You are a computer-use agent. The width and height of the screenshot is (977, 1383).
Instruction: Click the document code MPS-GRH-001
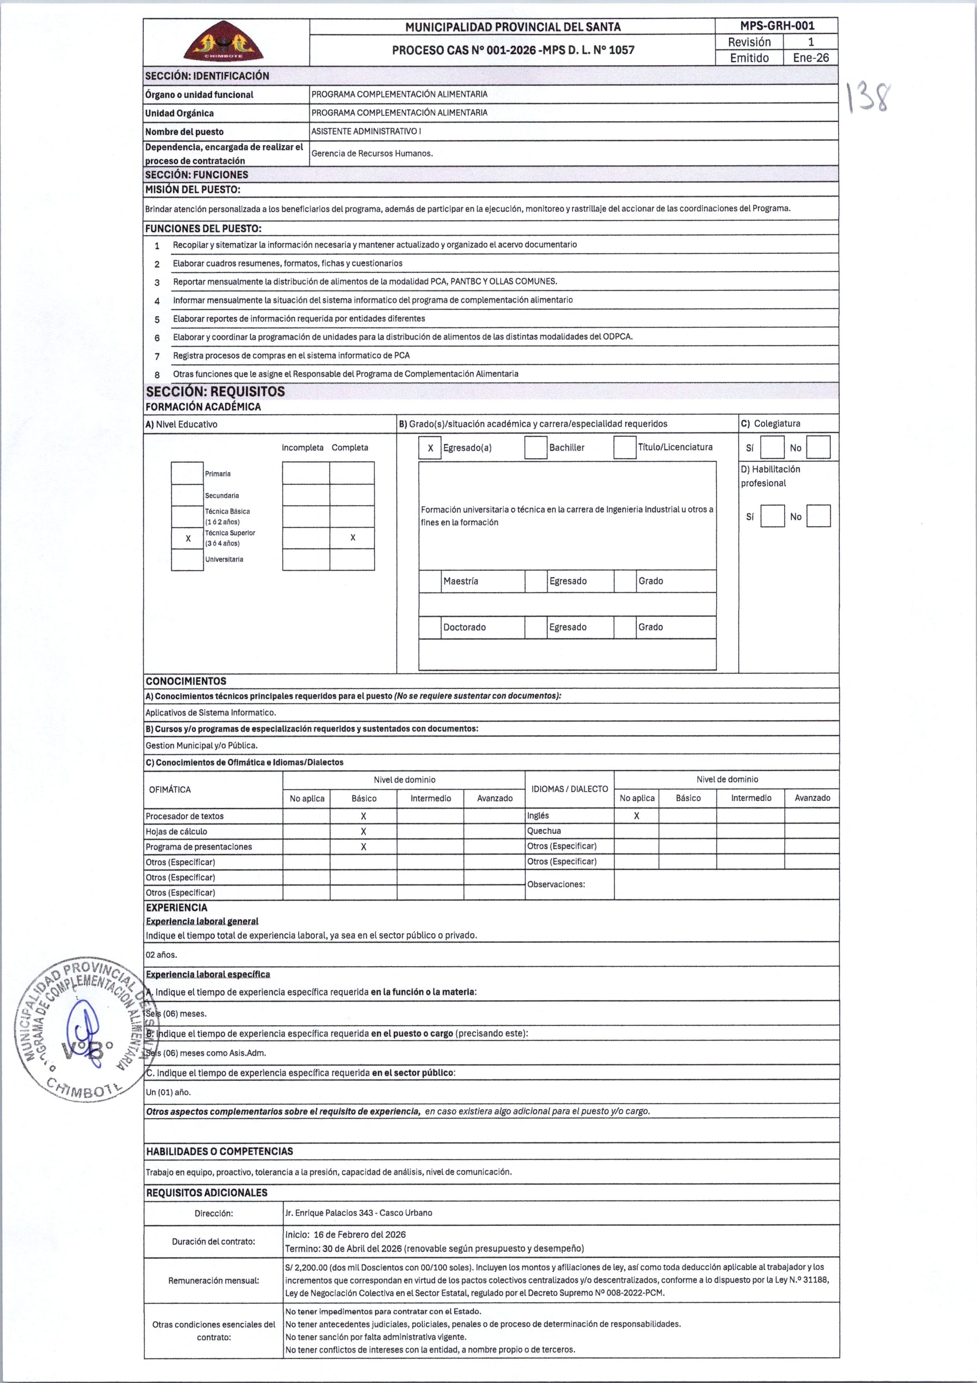777,26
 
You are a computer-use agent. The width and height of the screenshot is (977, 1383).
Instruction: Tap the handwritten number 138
868,98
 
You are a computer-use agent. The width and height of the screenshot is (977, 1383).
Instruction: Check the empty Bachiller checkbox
536,448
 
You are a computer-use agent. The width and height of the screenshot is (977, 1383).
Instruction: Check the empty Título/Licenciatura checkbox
624,448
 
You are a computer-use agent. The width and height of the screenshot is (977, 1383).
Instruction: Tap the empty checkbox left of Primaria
187,473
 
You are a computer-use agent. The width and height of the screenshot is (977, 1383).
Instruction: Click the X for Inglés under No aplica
636,816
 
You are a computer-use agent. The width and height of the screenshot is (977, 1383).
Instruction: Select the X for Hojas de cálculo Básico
363,832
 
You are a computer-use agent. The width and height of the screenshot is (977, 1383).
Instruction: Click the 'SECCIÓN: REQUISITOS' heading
215,392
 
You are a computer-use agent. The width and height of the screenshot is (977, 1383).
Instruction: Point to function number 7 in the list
157,356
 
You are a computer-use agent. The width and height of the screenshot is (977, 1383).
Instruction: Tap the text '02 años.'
162,955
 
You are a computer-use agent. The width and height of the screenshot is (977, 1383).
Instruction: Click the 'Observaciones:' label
556,884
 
